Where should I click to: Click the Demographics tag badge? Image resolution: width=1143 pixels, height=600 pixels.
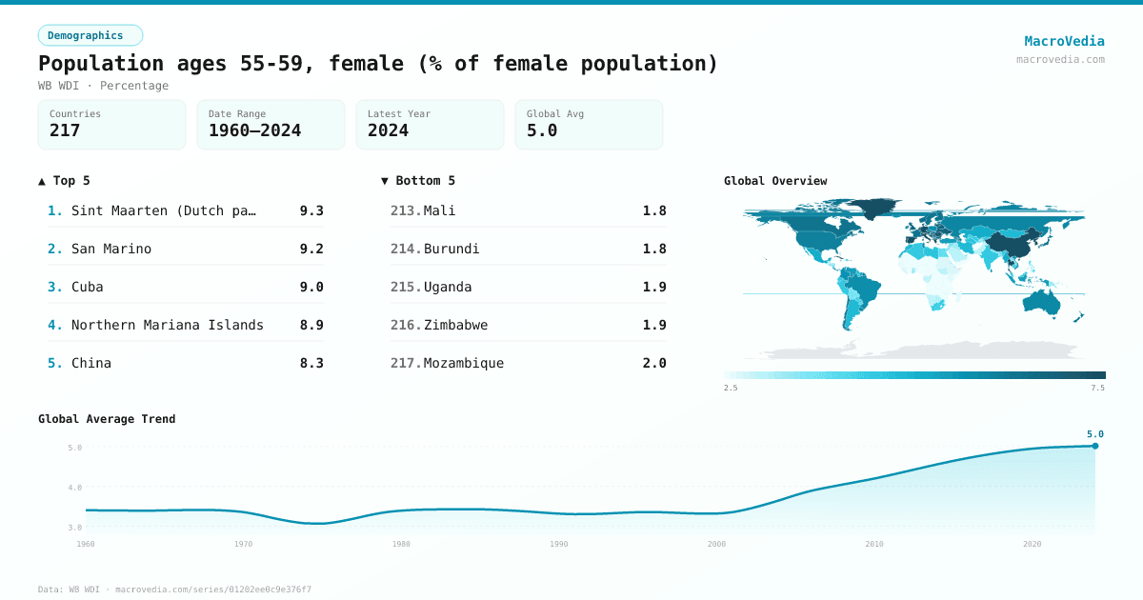click(90, 35)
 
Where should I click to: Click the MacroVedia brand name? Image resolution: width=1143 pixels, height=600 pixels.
click(1064, 41)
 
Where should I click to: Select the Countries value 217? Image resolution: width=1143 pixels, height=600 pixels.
click(65, 130)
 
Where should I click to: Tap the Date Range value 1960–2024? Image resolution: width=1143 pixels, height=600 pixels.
click(254, 130)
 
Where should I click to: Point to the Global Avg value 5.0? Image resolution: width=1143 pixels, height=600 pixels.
click(542, 130)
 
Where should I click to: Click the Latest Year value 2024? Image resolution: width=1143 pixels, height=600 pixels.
click(388, 130)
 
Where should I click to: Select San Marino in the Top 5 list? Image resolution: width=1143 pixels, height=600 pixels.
click(111, 249)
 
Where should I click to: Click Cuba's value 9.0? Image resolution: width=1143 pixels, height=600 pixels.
click(311, 287)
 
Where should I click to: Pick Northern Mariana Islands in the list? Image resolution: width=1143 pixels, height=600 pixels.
click(168, 325)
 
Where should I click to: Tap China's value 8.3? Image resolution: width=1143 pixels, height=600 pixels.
click(311, 363)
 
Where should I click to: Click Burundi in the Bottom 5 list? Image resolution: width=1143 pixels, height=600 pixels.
click(451, 249)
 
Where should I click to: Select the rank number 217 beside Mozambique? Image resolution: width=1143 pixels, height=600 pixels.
click(405, 363)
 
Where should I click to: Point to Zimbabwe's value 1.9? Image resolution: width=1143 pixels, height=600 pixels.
click(654, 325)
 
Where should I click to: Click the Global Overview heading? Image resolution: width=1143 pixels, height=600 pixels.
click(775, 181)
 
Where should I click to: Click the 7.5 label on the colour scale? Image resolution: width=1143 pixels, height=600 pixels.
click(1097, 388)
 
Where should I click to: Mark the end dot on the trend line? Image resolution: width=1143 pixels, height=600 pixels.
click(1095, 446)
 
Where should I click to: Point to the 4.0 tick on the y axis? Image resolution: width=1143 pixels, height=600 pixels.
click(74, 488)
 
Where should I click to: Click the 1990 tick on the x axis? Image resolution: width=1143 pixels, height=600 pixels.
click(559, 544)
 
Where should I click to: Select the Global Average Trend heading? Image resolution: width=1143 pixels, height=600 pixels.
click(107, 419)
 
